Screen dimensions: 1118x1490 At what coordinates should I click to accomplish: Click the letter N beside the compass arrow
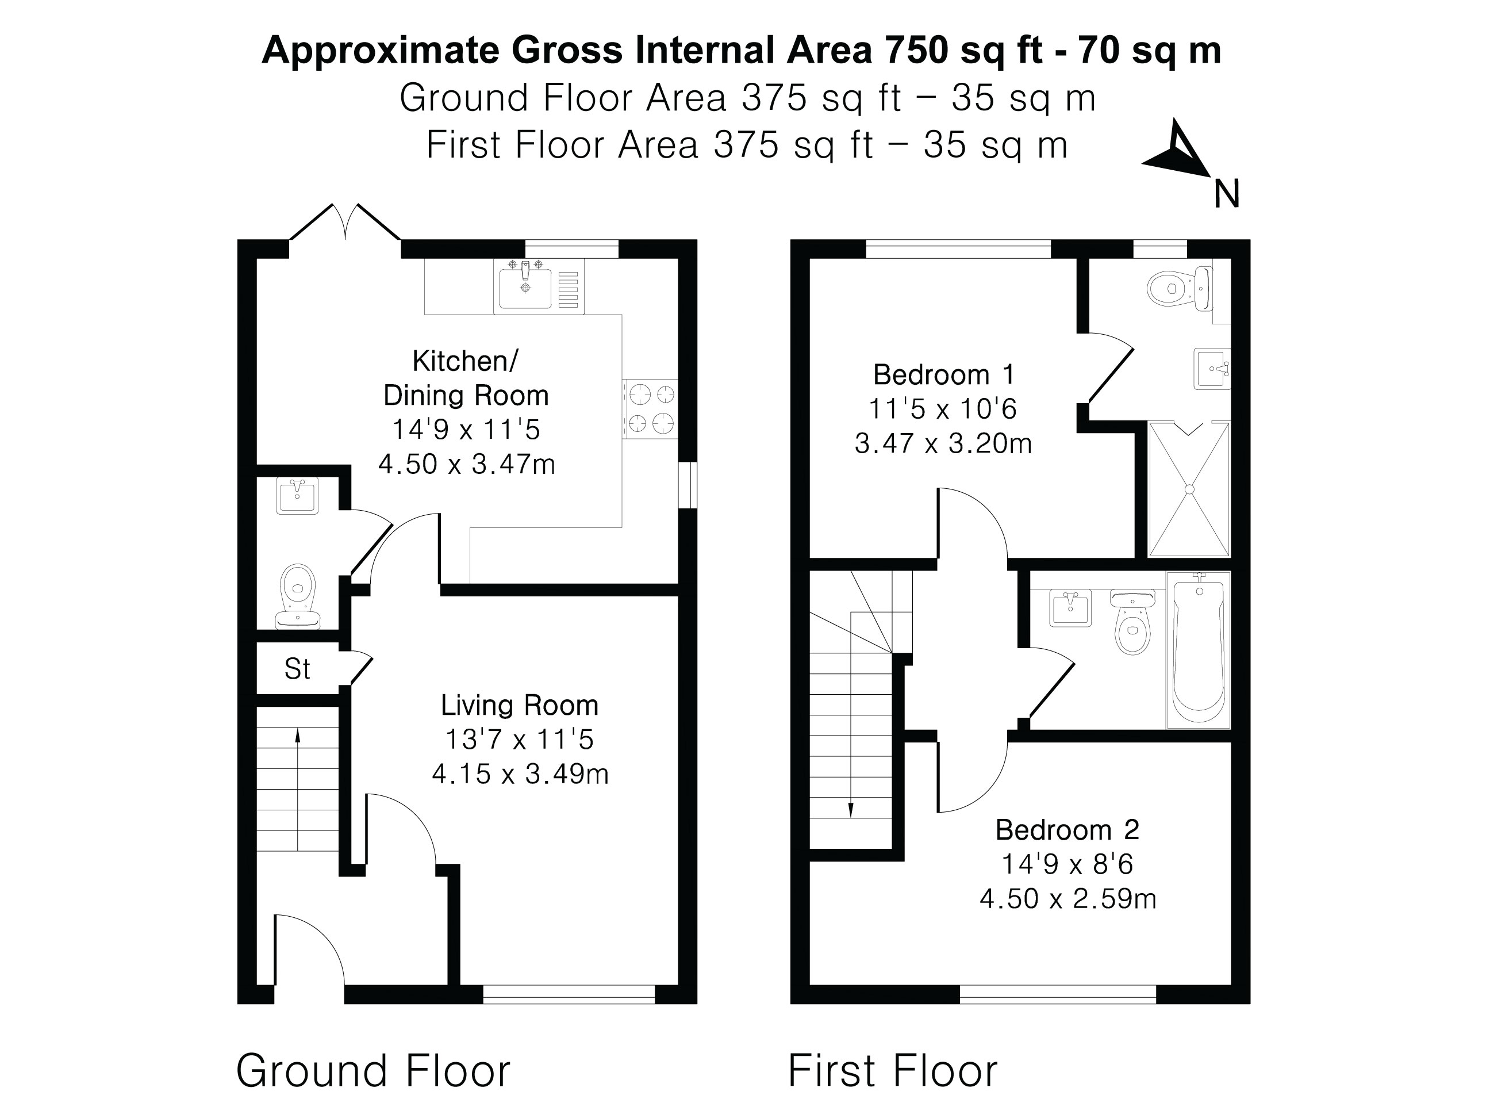pos(1227,195)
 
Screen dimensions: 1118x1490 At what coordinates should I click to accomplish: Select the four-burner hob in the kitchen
pos(651,408)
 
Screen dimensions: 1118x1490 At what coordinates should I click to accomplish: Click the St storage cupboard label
pos(297,669)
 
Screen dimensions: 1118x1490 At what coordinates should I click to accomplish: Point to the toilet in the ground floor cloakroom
pos(298,593)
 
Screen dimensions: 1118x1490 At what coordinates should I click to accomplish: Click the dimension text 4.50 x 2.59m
pos(1067,898)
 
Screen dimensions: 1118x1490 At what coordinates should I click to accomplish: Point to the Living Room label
pos(519,705)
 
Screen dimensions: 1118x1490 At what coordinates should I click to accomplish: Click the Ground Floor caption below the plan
pos(373,1071)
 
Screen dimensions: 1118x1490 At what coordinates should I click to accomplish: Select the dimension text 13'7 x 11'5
pos(519,739)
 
